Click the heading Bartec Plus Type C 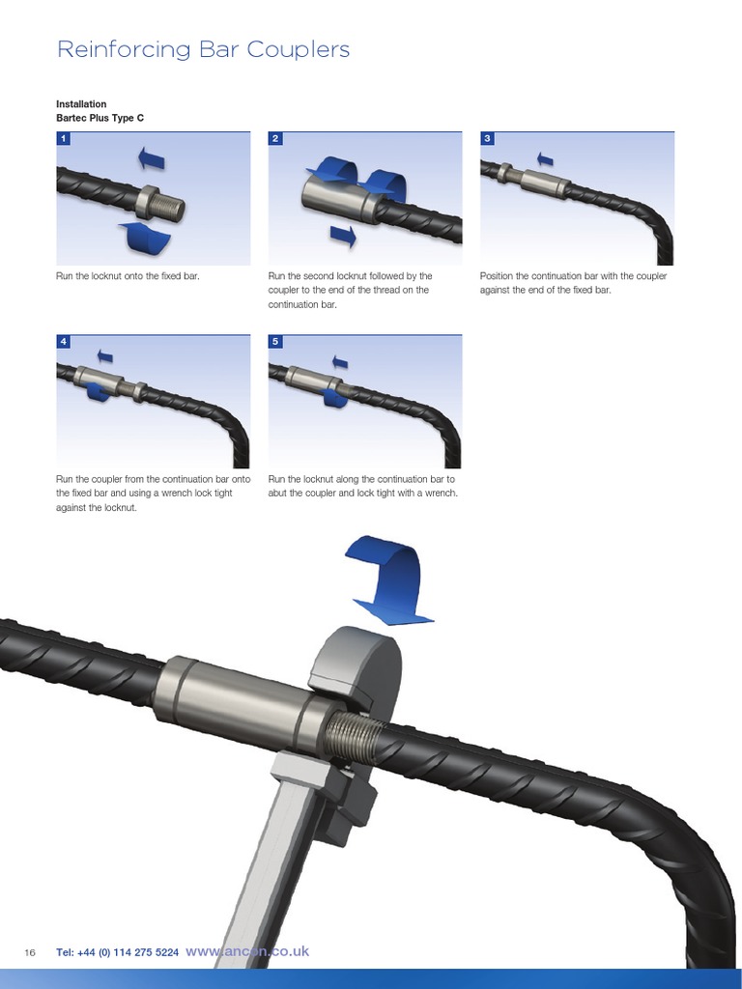click(x=100, y=118)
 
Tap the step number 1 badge click(x=64, y=139)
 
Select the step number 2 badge click(x=275, y=139)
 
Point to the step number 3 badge click(x=487, y=139)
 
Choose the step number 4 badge click(x=64, y=342)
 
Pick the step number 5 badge click(x=275, y=342)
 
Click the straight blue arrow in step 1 click(x=152, y=157)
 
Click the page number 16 click(x=30, y=952)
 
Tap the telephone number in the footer click(x=117, y=952)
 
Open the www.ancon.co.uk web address click(x=247, y=951)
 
